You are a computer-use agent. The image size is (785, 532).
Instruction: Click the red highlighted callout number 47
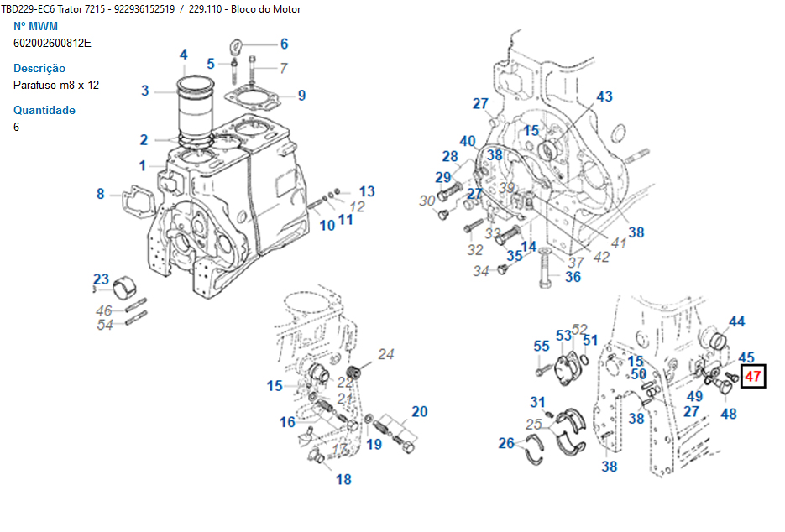753,377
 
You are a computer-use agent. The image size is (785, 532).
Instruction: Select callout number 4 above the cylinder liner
183,55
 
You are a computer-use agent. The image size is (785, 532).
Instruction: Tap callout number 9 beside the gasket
301,96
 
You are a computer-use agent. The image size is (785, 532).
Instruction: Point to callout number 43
604,96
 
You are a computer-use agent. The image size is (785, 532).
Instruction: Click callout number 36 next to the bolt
573,277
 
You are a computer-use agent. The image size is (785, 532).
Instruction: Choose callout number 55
542,346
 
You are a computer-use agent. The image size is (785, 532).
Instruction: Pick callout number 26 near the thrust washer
506,443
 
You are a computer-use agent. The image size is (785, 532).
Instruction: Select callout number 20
419,411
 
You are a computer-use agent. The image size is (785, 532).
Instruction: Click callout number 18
343,479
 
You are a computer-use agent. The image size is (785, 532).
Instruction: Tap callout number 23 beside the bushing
101,279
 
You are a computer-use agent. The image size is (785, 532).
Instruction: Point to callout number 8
101,194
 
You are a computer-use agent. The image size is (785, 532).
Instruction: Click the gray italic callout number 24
385,354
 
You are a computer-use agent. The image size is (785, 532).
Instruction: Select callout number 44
736,321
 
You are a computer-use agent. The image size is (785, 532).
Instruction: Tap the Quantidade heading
44,110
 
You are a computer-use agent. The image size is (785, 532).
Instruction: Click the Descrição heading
39,68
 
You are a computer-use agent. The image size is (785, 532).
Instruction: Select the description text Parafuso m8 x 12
56,85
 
